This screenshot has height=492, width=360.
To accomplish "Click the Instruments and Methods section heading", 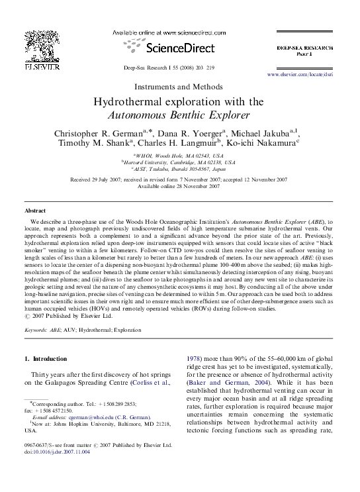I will (x=179, y=86).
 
